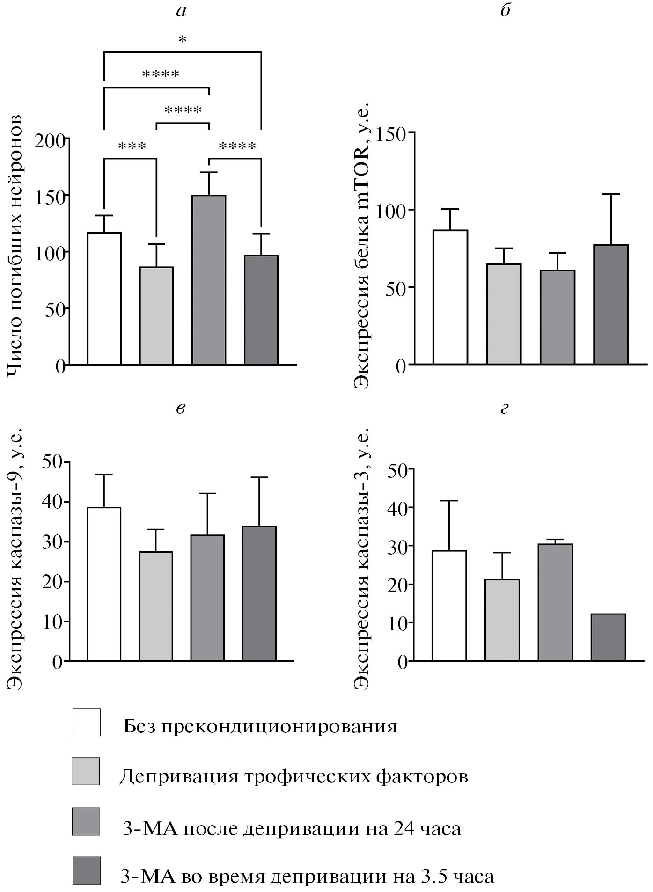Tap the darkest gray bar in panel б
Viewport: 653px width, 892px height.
(x=611, y=304)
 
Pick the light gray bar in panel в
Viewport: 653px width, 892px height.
(x=156, y=606)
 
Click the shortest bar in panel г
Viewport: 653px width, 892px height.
(x=608, y=637)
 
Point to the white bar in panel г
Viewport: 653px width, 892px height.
(x=449, y=606)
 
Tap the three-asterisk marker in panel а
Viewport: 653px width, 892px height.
(x=132, y=147)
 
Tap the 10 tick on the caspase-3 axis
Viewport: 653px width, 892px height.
(x=397, y=623)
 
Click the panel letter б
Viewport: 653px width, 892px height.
(x=505, y=10)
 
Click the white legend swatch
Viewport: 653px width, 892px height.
(x=86, y=722)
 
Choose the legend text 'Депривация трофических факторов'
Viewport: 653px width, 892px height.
(x=293, y=776)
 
